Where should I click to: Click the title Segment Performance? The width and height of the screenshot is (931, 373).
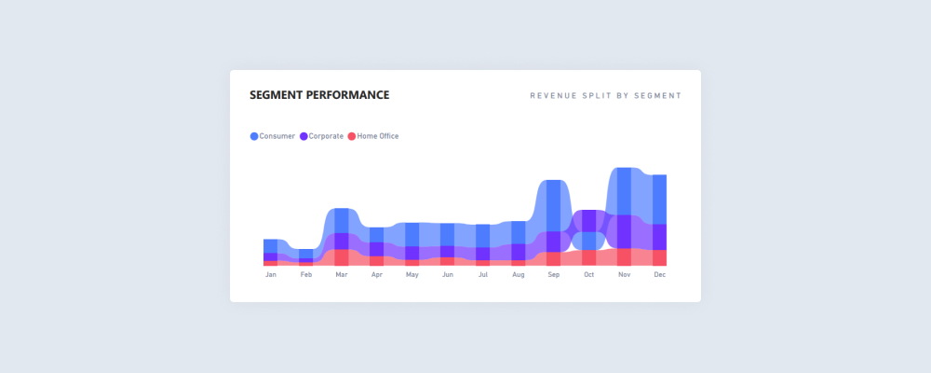tap(319, 95)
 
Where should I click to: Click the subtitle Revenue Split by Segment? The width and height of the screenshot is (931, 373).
tap(605, 96)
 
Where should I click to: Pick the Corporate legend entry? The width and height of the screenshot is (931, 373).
tap(320, 136)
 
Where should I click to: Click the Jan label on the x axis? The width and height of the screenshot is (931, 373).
tap(271, 275)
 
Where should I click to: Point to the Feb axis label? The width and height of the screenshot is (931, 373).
tap(306, 275)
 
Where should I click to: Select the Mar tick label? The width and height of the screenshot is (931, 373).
tap(342, 275)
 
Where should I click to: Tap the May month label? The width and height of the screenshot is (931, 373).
tap(412, 275)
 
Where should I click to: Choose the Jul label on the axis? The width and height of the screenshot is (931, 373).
tap(483, 275)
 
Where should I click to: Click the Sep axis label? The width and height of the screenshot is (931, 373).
tap(554, 275)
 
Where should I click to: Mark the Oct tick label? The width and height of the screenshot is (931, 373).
tap(589, 275)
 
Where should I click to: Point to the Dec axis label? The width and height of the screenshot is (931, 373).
tap(660, 275)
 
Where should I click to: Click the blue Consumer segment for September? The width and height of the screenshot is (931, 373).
tap(554, 205)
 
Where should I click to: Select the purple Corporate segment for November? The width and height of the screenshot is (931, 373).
tap(625, 231)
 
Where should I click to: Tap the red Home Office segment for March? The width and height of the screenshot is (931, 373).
tap(342, 257)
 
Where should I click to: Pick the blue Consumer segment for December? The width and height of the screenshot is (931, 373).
tap(660, 199)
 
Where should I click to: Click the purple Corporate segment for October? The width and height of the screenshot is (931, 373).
tap(589, 221)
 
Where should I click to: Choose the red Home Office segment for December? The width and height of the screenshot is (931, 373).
tap(660, 257)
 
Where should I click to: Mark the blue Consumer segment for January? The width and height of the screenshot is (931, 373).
tap(271, 246)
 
